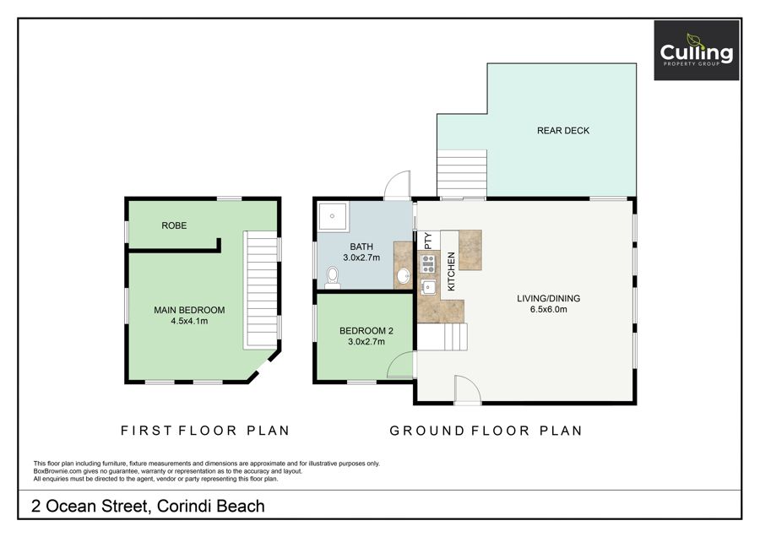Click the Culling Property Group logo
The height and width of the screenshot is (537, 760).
click(697, 51)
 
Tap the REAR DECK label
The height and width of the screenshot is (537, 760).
click(563, 131)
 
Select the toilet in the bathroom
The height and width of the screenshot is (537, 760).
click(333, 278)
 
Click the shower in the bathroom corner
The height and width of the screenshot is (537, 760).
click(333, 216)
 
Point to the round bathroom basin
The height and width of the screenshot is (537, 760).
click(404, 276)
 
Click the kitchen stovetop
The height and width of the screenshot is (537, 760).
click(428, 263)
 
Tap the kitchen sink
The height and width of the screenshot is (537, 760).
click(428, 287)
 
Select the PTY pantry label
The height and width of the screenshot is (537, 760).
click(428, 241)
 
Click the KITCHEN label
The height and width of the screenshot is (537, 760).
click(451, 271)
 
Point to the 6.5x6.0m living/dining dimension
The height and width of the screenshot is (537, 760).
click(549, 309)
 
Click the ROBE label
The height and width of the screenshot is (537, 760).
click(174, 225)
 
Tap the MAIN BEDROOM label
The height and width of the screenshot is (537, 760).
click(189, 310)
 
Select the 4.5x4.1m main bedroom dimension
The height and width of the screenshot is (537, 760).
click(189, 322)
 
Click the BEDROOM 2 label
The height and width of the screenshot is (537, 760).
click(366, 331)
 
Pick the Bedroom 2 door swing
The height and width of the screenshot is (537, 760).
click(401, 365)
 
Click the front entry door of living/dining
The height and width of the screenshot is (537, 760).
click(467, 389)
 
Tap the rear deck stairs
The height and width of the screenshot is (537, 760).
click(462, 173)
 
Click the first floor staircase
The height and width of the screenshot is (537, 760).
click(263, 290)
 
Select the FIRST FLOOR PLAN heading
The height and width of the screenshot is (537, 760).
click(205, 431)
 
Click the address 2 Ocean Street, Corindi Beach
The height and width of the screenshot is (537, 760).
click(149, 506)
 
